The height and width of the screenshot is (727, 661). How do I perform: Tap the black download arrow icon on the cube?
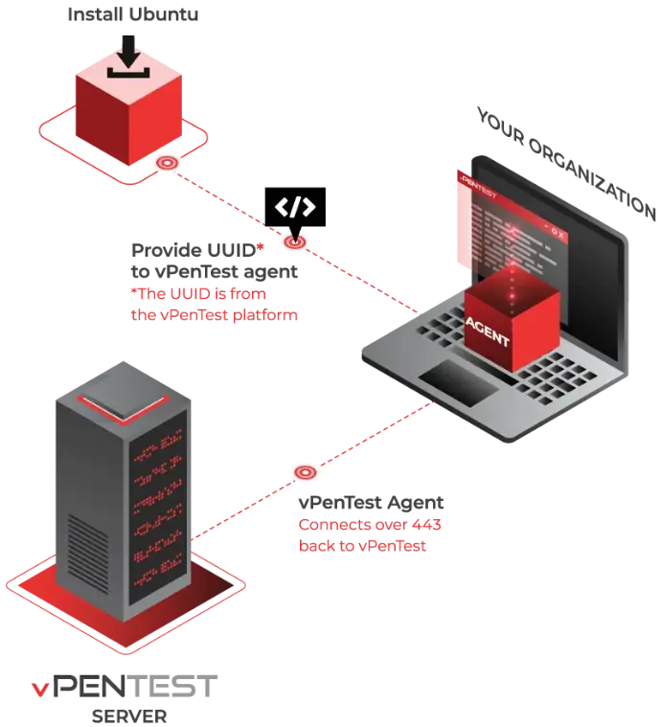pos(128,57)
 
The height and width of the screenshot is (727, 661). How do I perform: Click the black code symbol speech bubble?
pos(295,209)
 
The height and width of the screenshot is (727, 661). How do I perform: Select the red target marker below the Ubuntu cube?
pos(167,163)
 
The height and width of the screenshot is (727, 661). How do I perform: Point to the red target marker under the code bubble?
pos(294,241)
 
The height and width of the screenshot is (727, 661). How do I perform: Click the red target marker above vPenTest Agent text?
pos(306,472)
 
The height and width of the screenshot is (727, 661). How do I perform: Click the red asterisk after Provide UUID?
pos(261,247)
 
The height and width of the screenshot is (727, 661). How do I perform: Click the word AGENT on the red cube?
pos(488,332)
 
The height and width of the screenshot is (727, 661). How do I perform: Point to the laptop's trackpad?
pos(459,383)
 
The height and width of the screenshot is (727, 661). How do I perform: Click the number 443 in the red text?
pos(426,524)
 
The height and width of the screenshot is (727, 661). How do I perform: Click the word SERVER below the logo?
pos(129,716)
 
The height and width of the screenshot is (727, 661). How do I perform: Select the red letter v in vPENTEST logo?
pos(39,690)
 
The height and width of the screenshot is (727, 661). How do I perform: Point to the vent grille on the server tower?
pos(88,554)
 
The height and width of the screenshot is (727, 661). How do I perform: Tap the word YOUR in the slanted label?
pos(501,126)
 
